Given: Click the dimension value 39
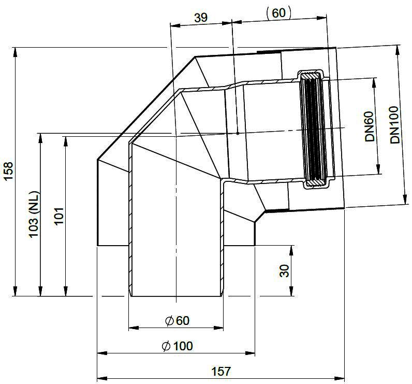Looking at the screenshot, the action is point(201,18).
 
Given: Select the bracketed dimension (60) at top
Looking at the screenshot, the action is point(278,13).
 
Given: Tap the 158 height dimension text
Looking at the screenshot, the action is point(8,171).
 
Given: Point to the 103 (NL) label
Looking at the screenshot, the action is point(34,214).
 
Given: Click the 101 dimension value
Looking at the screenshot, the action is point(59,216).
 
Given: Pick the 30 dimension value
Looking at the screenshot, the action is point(284,271).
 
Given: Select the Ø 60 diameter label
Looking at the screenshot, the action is point(177,320).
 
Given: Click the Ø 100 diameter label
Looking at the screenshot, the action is point(177,346).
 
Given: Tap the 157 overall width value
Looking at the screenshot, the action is point(221,372).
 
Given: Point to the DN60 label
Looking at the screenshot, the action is point(369,126).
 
